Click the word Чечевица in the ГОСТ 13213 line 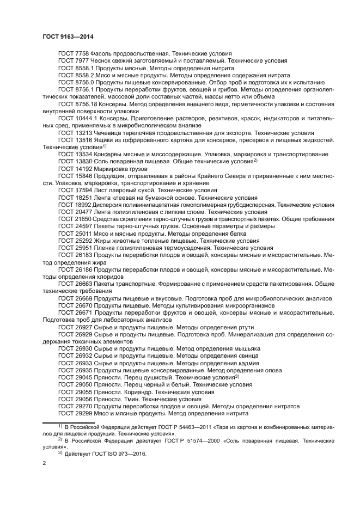111,132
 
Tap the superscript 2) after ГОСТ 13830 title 255,161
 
